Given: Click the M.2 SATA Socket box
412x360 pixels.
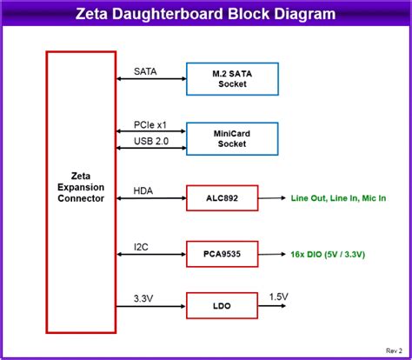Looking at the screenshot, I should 232,78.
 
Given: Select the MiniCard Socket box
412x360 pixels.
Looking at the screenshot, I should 232,138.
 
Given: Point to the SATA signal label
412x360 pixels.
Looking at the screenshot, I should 145,71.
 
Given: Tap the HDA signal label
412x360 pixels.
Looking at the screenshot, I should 143,190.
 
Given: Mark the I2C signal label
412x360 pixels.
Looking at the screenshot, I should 142,246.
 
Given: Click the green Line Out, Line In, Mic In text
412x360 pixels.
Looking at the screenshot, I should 338,198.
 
